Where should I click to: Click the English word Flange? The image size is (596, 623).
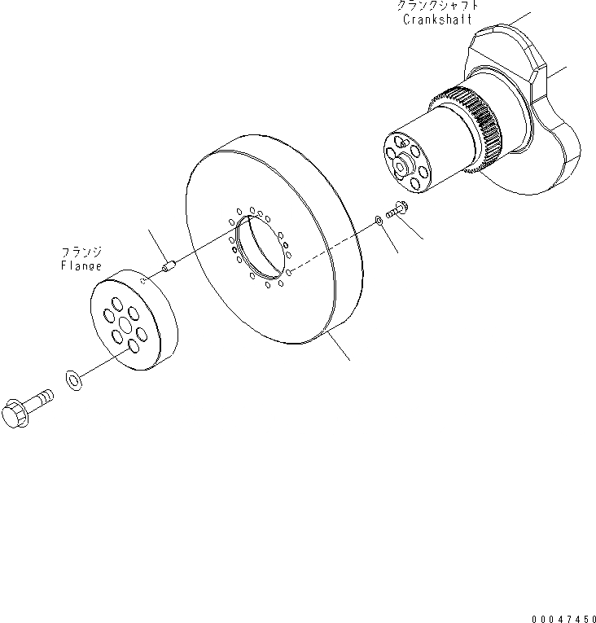click(81, 265)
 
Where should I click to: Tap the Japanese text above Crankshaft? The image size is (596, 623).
click(437, 6)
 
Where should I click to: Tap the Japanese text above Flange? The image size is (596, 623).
click(81, 252)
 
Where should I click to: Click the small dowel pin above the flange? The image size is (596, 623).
click(169, 265)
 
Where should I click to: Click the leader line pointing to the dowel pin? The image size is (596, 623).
click(156, 244)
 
